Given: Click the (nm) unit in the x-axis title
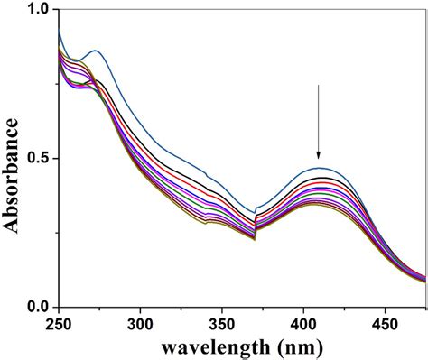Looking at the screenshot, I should point(294,346).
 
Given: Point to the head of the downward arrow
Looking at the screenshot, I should point(318,156).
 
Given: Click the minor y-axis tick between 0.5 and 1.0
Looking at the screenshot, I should point(60,84).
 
